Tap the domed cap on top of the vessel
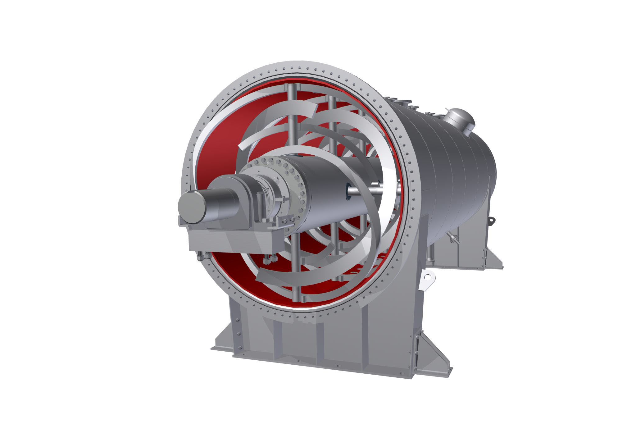(459, 121)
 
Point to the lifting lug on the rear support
(492, 221)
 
